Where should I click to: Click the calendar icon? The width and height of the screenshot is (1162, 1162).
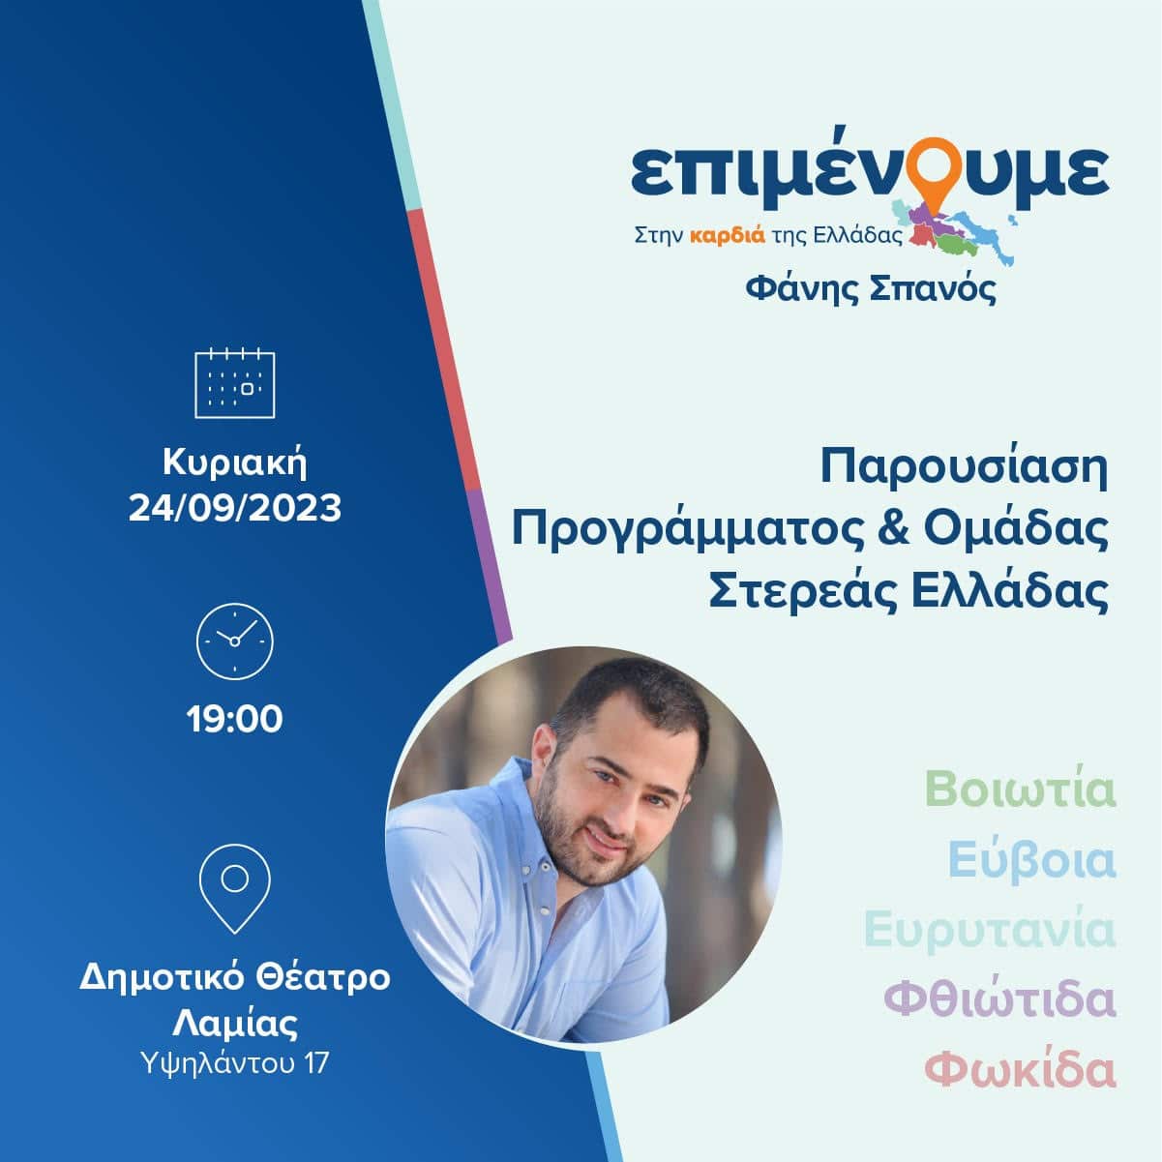point(234,383)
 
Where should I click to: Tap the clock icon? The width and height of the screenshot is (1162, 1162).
point(234,641)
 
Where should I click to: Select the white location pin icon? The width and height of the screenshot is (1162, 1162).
point(234,888)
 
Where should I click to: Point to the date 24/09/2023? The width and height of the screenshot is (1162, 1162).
point(234,508)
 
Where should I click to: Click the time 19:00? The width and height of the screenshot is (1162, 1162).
point(234,719)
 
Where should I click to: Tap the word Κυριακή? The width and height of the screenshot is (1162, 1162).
point(234,463)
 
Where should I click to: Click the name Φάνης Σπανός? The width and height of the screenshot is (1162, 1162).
point(870,289)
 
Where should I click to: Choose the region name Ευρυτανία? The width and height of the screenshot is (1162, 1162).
point(990,931)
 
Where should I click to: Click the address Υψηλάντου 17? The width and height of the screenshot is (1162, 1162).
point(234,1062)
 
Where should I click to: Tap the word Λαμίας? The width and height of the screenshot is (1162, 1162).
point(234,1023)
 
